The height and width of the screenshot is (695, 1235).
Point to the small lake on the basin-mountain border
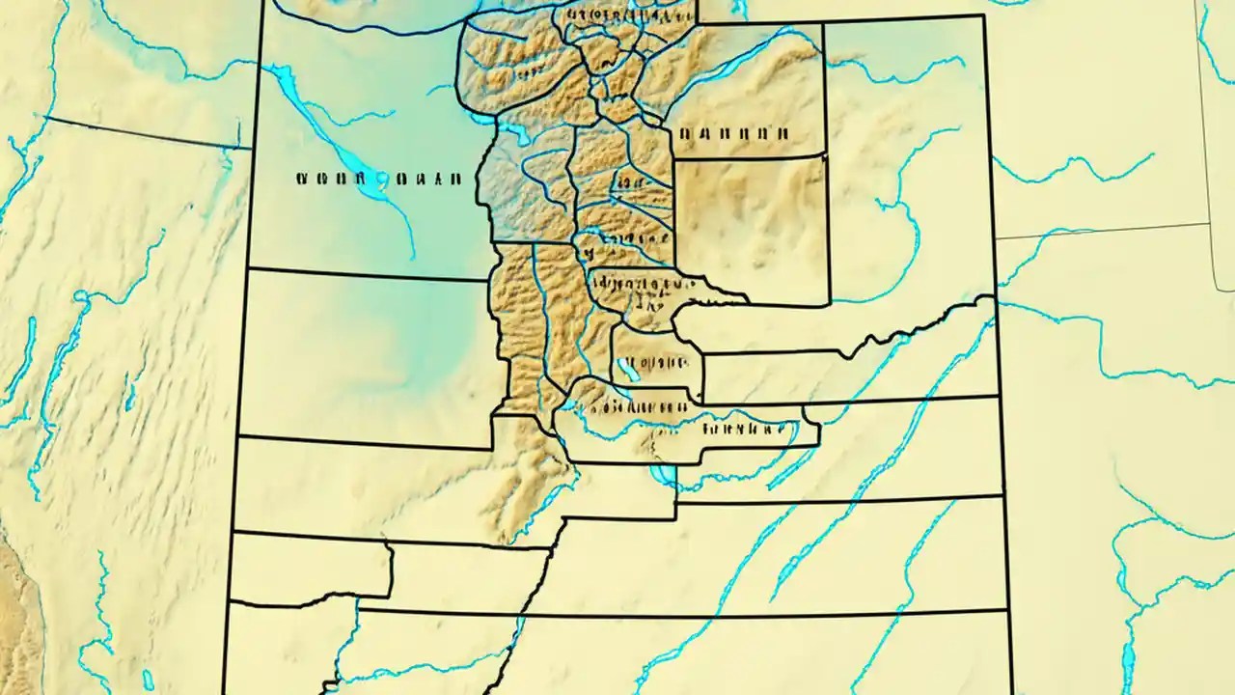coord(512,134)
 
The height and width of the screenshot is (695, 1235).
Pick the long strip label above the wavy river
coord(637,405)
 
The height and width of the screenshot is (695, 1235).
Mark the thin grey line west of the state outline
coord(145,132)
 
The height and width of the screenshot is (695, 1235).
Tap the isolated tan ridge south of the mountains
coord(526,492)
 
